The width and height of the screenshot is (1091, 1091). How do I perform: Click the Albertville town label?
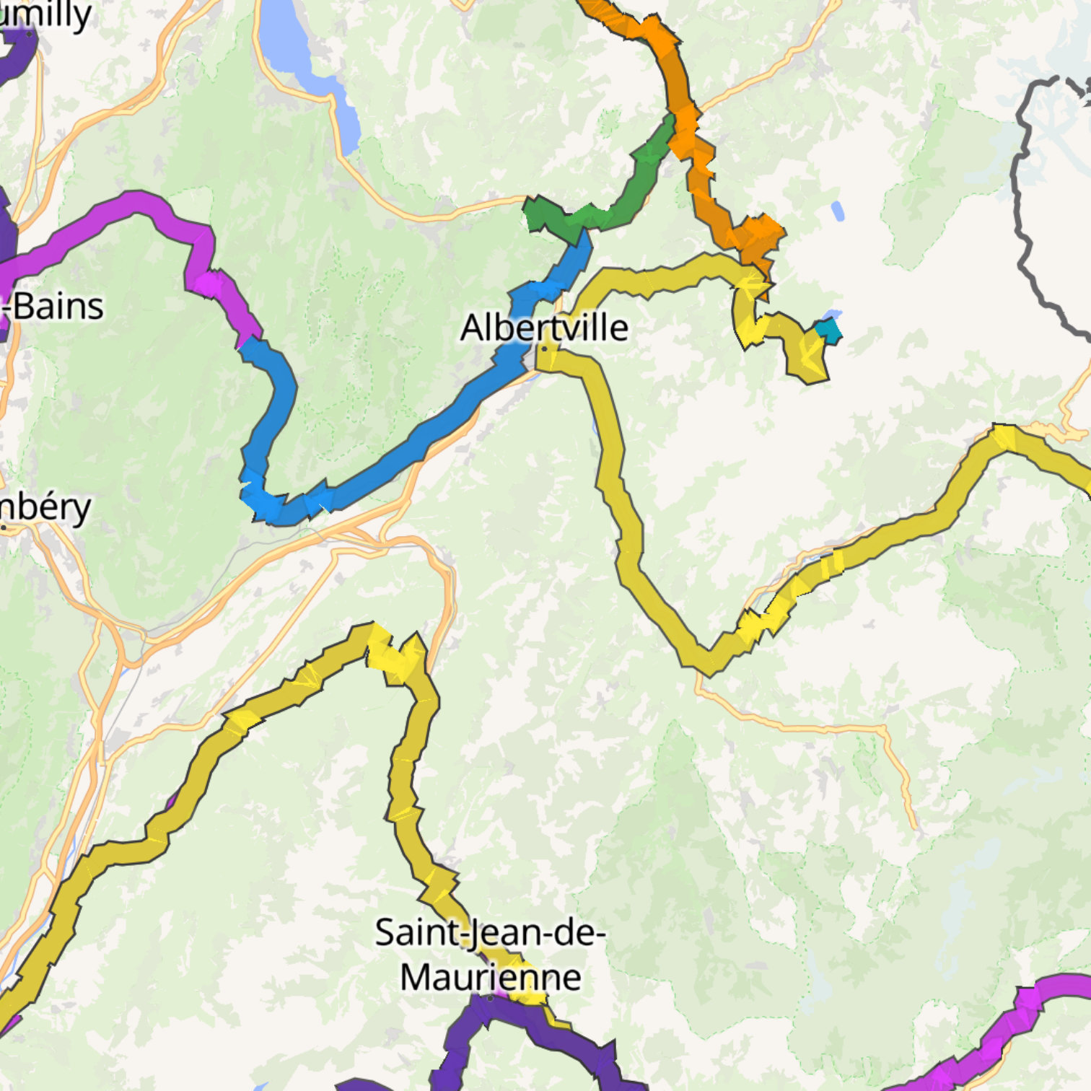click(544, 328)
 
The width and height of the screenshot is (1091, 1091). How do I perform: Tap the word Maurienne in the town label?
click(491, 978)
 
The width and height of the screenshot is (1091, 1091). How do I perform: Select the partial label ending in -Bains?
click(53, 307)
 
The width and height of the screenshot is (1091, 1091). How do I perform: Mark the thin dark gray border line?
click(1021, 216)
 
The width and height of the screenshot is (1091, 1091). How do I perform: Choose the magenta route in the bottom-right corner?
click(1010, 1025)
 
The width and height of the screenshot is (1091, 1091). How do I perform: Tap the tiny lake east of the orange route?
click(837, 211)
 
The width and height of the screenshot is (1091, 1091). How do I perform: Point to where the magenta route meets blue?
click(249, 341)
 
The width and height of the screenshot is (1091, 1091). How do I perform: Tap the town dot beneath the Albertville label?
click(545, 349)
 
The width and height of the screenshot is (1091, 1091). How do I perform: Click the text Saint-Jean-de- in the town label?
click(491, 932)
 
